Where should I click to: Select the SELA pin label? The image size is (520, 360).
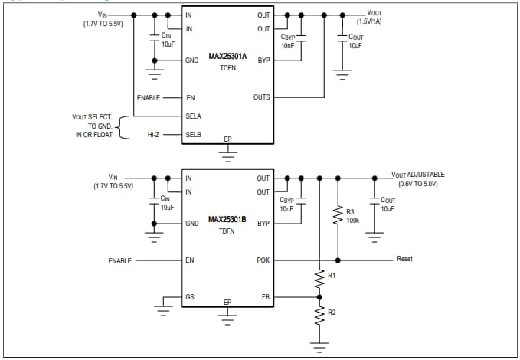pyautogui.click(x=194, y=116)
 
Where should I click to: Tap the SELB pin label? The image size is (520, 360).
pyautogui.click(x=194, y=135)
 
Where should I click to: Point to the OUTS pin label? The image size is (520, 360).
pyautogui.click(x=261, y=97)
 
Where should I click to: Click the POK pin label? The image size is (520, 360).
pyautogui.click(x=263, y=260)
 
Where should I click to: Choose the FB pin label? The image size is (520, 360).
pyautogui.click(x=265, y=297)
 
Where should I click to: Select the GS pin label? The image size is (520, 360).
pyautogui.click(x=190, y=297)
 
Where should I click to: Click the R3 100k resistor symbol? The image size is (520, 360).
pyautogui.click(x=337, y=216)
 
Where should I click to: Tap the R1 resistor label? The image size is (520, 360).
pyautogui.click(x=332, y=274)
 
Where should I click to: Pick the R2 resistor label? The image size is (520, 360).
pyautogui.click(x=332, y=313)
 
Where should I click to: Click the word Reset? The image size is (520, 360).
pyautogui.click(x=404, y=259)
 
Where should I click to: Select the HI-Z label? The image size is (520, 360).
pyautogui.click(x=153, y=135)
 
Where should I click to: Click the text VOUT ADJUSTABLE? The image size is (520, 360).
pyautogui.click(x=418, y=175)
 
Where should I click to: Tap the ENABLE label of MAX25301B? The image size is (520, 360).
pyautogui.click(x=119, y=260)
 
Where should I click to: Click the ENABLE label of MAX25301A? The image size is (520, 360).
pyautogui.click(x=148, y=97)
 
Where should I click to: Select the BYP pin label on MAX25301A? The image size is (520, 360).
pyautogui.click(x=263, y=60)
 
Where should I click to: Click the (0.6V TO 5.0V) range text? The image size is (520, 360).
pyautogui.click(x=418, y=185)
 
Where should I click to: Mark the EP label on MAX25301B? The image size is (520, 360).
pyautogui.click(x=227, y=303)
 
